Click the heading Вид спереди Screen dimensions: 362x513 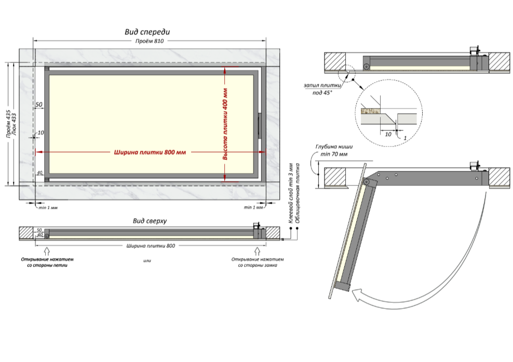(x=147, y=32)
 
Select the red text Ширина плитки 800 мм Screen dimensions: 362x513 (x=149, y=153)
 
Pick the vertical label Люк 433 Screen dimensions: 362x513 (x=15, y=125)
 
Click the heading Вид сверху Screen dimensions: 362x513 (x=149, y=221)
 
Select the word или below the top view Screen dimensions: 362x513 (x=147, y=260)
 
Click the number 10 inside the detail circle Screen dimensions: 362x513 (x=387, y=133)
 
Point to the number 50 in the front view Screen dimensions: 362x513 (x=39, y=105)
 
